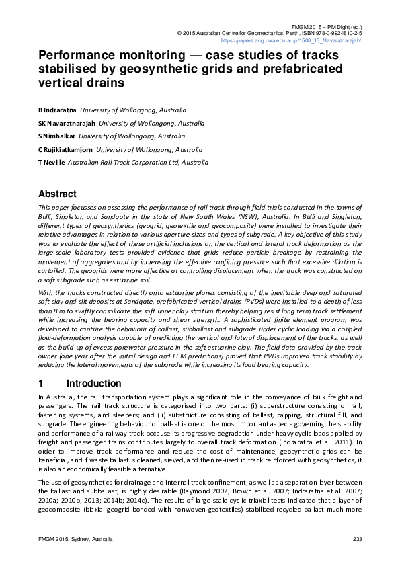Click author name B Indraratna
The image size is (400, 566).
click(57, 109)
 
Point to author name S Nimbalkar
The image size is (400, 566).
click(56, 136)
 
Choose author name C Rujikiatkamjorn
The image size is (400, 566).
click(66, 149)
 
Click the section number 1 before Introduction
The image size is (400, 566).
click(41, 383)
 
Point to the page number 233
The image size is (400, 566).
click(357, 540)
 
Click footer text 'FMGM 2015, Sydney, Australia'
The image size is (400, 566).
click(75, 540)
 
